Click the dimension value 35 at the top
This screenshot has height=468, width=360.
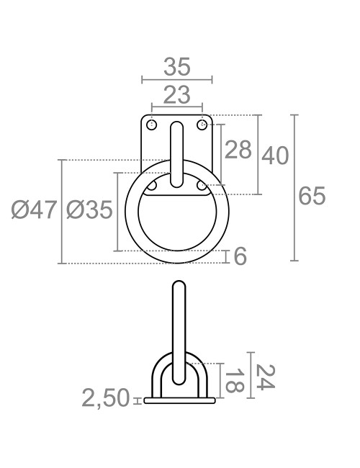pos(176,67)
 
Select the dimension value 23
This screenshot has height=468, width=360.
pos(176,94)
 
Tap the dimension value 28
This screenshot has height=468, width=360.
pos(238,150)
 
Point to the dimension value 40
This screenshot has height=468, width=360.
pos(274,155)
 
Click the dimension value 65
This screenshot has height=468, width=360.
pos(312,195)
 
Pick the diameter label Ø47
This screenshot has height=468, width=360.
pos(34,210)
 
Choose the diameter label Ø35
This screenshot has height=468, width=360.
pos(89,210)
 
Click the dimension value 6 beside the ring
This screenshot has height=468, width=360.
pos(240,256)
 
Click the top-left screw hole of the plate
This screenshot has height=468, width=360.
pos(152,125)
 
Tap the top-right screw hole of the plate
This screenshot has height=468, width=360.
pos(202,125)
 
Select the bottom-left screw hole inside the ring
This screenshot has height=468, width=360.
pos(152,186)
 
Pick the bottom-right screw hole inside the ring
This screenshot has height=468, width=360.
pos(202,186)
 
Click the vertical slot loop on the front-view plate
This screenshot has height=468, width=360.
pos(177,155)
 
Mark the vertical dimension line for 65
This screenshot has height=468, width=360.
pos(294,187)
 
